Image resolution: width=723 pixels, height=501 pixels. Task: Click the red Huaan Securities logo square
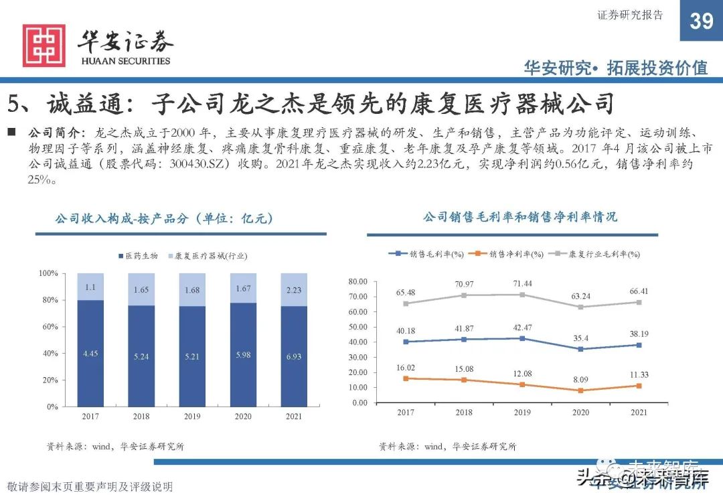point(44,46)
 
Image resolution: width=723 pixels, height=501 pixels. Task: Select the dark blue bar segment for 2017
point(90,353)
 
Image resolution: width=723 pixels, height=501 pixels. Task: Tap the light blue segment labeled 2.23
point(294,290)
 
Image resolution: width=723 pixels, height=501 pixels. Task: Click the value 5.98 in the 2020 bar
point(243,355)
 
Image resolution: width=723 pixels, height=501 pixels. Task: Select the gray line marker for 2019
point(522,295)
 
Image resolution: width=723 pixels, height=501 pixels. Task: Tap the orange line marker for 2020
point(581,390)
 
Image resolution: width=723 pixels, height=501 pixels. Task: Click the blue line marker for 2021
point(639,345)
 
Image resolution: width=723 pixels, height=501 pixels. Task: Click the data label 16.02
point(406,367)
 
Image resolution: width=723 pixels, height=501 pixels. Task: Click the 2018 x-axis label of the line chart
point(464,413)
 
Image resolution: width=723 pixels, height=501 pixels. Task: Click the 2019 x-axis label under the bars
point(192,416)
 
